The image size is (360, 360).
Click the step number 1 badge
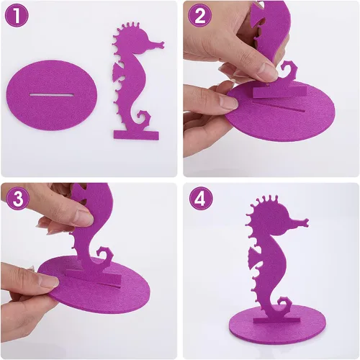pos(17,16)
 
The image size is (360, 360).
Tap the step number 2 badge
pos(200,16)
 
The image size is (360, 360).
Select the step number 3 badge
pos(18,198)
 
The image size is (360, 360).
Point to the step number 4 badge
pos(201,198)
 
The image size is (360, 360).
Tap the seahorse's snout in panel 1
pos(156,45)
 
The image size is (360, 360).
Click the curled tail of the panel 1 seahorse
pos(143,119)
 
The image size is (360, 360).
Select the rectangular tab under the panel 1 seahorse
pos(136,135)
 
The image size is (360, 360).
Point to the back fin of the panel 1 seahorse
pos(118,71)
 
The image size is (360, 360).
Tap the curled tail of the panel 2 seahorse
pos(289,70)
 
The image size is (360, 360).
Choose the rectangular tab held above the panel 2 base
pos(280,91)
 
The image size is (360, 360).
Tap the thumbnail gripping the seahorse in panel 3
pos(84,217)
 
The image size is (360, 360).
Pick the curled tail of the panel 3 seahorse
pos(105,256)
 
